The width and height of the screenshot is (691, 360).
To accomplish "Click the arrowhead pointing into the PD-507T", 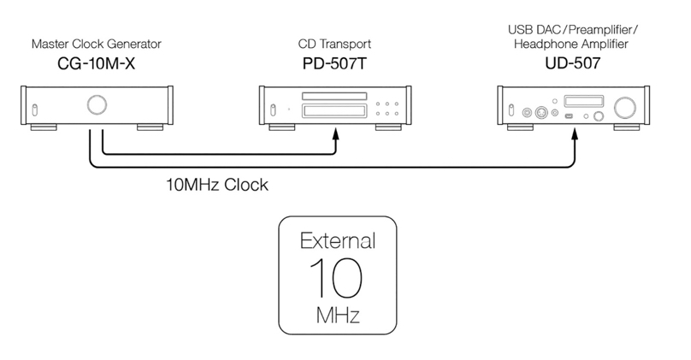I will click(x=336, y=136).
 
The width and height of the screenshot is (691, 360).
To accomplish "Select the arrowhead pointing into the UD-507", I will click(x=574, y=136).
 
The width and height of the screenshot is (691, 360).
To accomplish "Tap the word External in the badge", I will click(x=338, y=240).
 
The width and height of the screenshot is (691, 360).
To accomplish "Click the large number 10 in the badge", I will click(x=337, y=278).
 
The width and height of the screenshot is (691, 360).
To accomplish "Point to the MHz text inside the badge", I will click(x=338, y=316).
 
